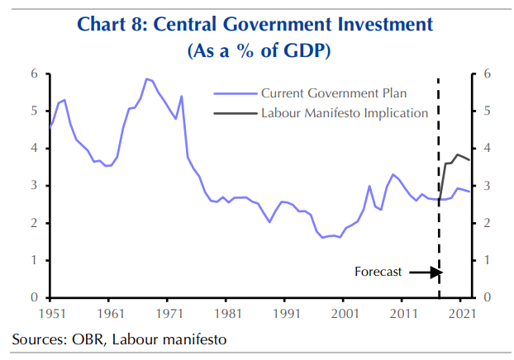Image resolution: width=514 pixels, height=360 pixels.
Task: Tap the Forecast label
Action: click(x=378, y=271)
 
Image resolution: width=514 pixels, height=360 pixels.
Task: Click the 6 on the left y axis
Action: click(x=35, y=73)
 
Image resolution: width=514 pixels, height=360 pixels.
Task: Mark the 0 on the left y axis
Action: click(x=35, y=297)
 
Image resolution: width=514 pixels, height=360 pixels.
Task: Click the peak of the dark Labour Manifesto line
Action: click(x=457, y=154)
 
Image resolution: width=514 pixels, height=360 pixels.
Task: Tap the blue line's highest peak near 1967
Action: click(x=146, y=79)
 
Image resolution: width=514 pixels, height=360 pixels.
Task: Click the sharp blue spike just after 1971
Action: click(x=181, y=96)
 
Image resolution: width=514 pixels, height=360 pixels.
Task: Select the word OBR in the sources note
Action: click(x=83, y=339)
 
